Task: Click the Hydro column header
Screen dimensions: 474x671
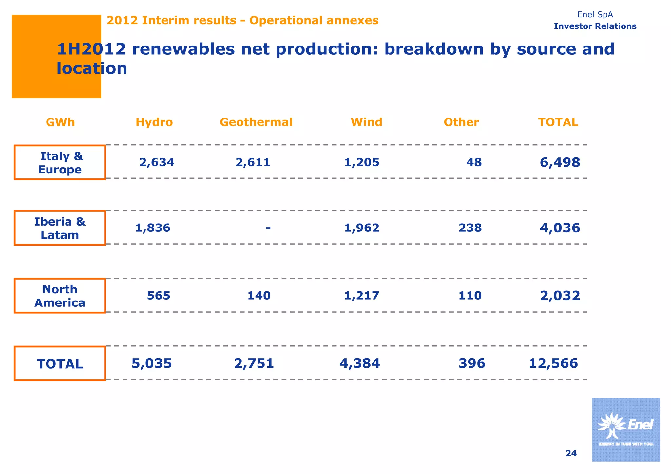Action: tap(154, 122)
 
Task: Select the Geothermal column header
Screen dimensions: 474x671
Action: tap(256, 122)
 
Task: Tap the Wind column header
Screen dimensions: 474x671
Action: tap(366, 122)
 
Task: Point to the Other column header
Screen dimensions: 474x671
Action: tap(461, 122)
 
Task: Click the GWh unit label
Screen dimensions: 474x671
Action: tap(60, 122)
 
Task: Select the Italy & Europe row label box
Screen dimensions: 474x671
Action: tap(60, 163)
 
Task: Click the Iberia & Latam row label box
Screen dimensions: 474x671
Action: tap(60, 228)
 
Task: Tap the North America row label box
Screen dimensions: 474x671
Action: tap(60, 296)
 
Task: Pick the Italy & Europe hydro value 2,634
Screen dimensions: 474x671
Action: tap(157, 162)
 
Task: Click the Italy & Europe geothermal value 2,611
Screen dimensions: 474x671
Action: tap(253, 162)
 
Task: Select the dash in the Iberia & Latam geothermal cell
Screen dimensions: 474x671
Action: tap(268, 227)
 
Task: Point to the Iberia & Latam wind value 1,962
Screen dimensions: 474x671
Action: tap(362, 228)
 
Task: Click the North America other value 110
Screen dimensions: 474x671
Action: tap(470, 296)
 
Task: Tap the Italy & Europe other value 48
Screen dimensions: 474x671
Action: tap(474, 162)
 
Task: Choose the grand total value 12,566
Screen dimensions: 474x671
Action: tap(553, 363)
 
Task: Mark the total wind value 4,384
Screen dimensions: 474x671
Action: tap(360, 363)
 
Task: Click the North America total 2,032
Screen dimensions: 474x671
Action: tap(560, 296)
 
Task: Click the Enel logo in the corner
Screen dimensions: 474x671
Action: tap(625, 429)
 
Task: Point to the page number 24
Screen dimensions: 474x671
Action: tap(571, 453)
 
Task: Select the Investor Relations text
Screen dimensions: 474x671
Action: tap(595, 26)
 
